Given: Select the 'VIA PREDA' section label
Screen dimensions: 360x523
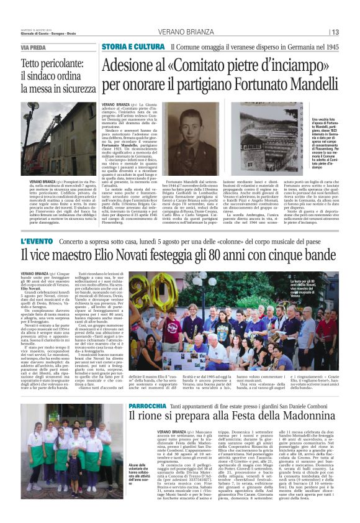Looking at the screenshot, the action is [x=34, y=48].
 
